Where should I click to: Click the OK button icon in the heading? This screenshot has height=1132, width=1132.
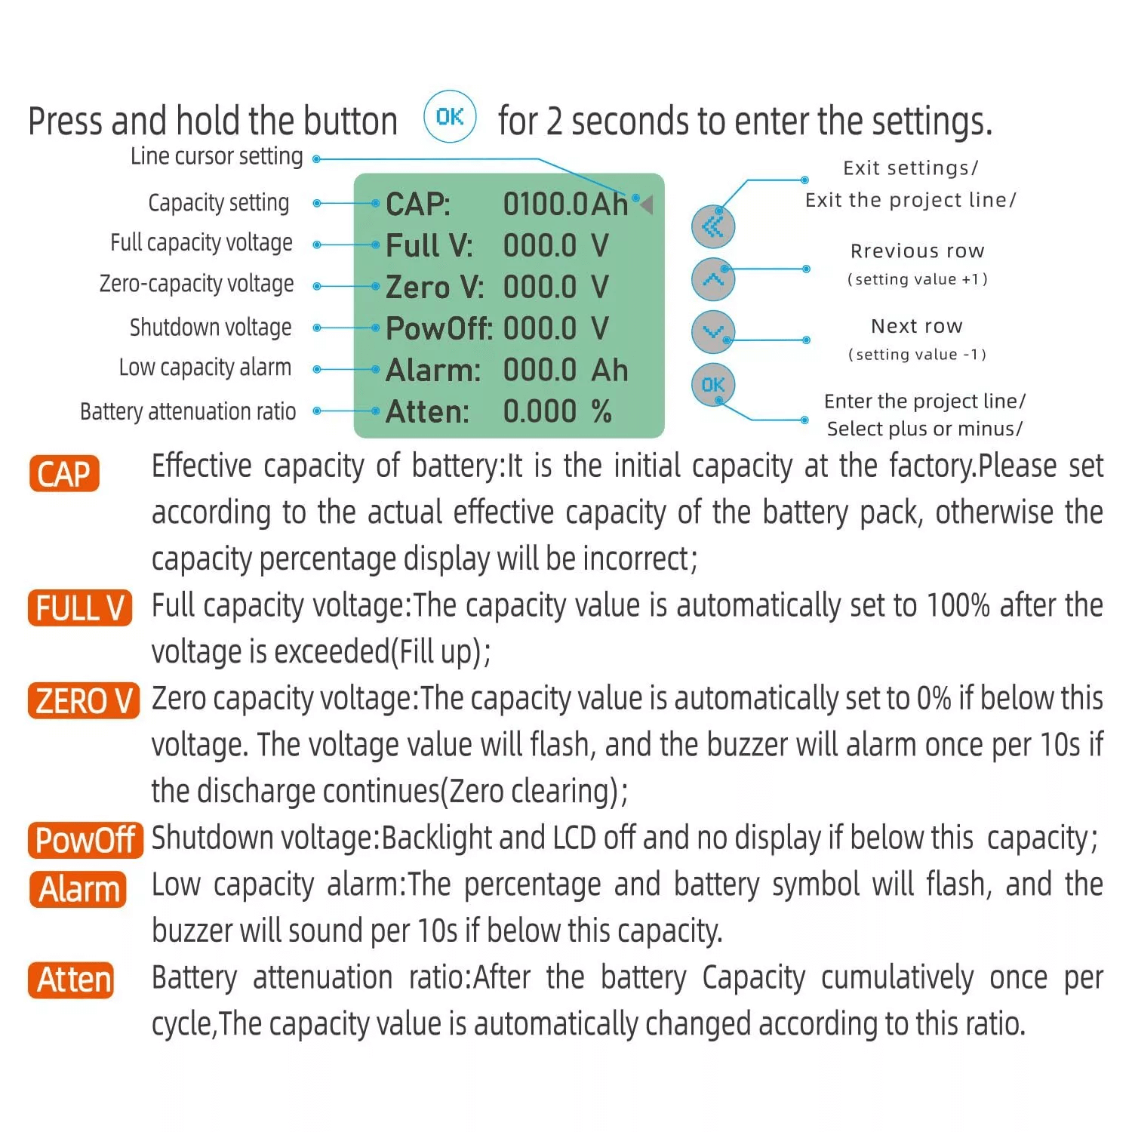(x=450, y=117)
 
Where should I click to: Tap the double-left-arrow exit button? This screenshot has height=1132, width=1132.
(x=712, y=226)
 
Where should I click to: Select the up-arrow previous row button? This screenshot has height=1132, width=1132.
(x=712, y=279)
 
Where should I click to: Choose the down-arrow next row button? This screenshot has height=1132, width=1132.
(x=712, y=332)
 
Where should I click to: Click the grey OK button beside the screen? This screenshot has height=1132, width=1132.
(x=712, y=385)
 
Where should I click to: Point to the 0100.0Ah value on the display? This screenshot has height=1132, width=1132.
(x=565, y=205)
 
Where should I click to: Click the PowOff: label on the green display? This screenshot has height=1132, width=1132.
(x=438, y=329)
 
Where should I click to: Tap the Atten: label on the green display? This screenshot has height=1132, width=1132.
(x=427, y=412)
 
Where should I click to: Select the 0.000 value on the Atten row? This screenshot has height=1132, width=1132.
(x=540, y=412)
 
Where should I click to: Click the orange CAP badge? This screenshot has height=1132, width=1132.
(x=64, y=474)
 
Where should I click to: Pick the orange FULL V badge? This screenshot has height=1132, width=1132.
(x=80, y=608)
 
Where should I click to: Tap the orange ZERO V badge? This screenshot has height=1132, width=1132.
(x=84, y=701)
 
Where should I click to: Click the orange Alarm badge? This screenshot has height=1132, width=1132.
(x=78, y=890)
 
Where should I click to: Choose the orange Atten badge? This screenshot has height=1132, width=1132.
(x=72, y=980)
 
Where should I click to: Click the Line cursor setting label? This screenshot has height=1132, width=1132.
(x=217, y=156)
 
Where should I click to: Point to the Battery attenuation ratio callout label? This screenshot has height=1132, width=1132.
(x=188, y=412)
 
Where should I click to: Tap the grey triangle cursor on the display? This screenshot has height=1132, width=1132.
(x=647, y=204)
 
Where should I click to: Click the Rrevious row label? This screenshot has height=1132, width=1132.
(x=917, y=251)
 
